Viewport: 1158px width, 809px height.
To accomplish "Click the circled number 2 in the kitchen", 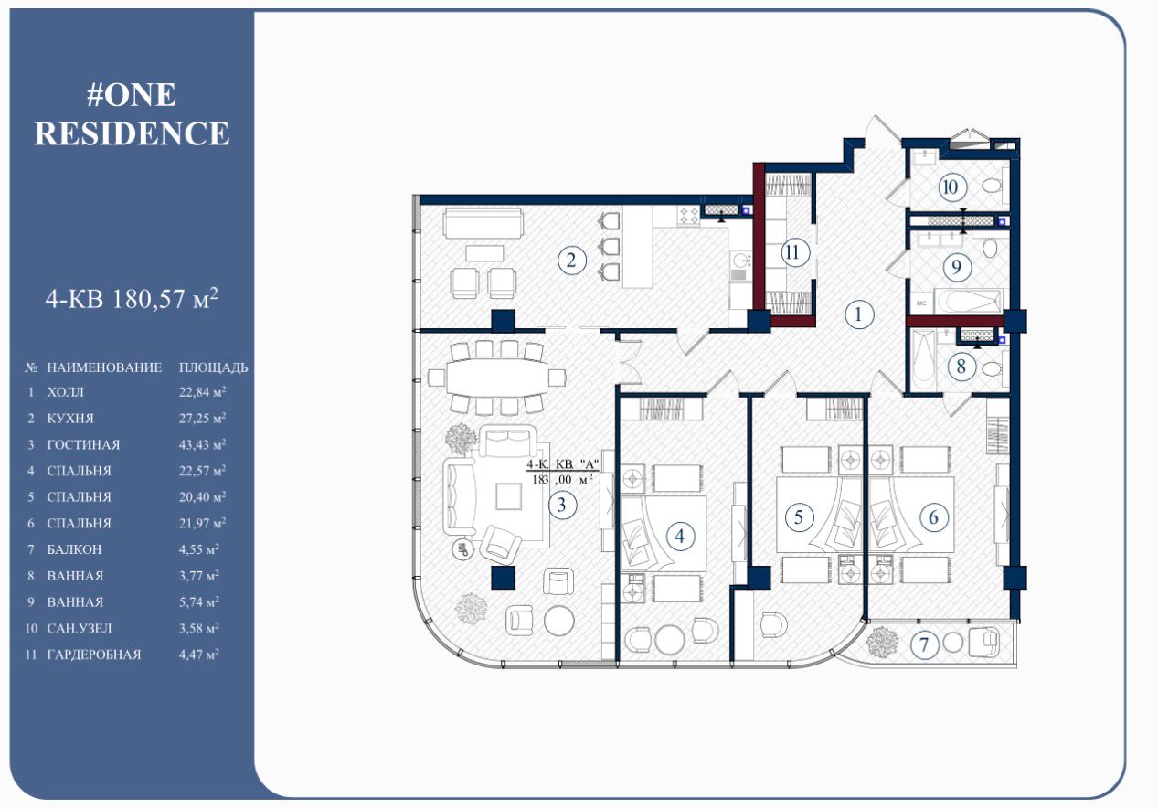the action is (x=572, y=261).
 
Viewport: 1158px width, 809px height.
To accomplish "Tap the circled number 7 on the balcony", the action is (x=924, y=644).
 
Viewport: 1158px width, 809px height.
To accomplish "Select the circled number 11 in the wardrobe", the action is (x=793, y=253).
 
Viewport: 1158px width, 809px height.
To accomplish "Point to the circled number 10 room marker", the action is (x=951, y=186).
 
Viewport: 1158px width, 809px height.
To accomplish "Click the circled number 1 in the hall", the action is (x=859, y=314).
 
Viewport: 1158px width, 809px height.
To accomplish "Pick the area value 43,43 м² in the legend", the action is (x=202, y=444).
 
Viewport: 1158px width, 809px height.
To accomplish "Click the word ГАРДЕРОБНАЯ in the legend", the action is (x=94, y=655).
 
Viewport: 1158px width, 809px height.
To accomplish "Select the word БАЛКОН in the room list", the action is (x=74, y=549).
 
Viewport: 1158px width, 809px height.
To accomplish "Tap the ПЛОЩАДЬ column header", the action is (x=214, y=367).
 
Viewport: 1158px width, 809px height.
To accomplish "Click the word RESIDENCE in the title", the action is (x=132, y=133).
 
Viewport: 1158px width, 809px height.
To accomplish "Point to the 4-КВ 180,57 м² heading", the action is (x=132, y=298).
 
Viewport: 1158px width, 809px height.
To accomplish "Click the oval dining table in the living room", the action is (x=497, y=378).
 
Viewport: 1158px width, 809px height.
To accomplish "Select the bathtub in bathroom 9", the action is (x=968, y=301).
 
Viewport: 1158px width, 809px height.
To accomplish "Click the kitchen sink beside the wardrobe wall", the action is (x=739, y=259).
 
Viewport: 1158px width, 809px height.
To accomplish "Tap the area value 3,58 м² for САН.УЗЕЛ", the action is (x=199, y=628).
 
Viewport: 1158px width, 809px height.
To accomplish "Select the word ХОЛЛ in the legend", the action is (x=65, y=392).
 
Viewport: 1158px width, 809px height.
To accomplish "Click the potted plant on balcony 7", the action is (x=883, y=643).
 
